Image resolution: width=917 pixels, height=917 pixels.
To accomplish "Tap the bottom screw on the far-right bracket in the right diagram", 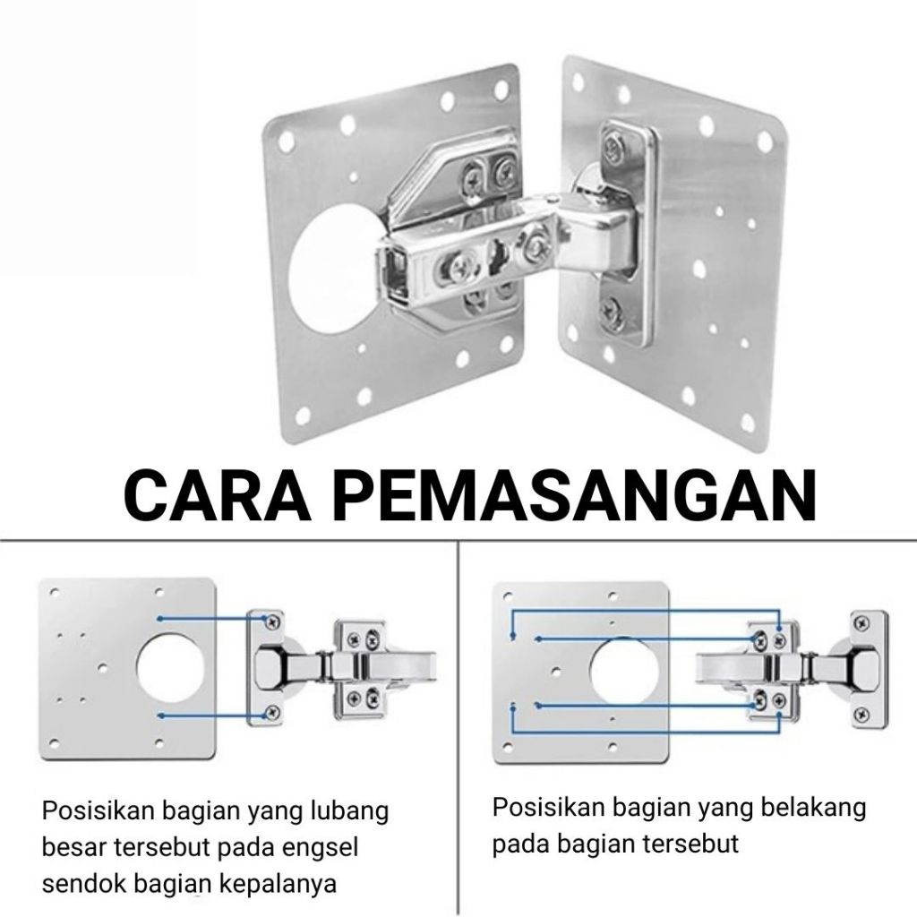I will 861,714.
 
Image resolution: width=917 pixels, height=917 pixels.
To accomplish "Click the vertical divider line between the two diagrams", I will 458,725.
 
